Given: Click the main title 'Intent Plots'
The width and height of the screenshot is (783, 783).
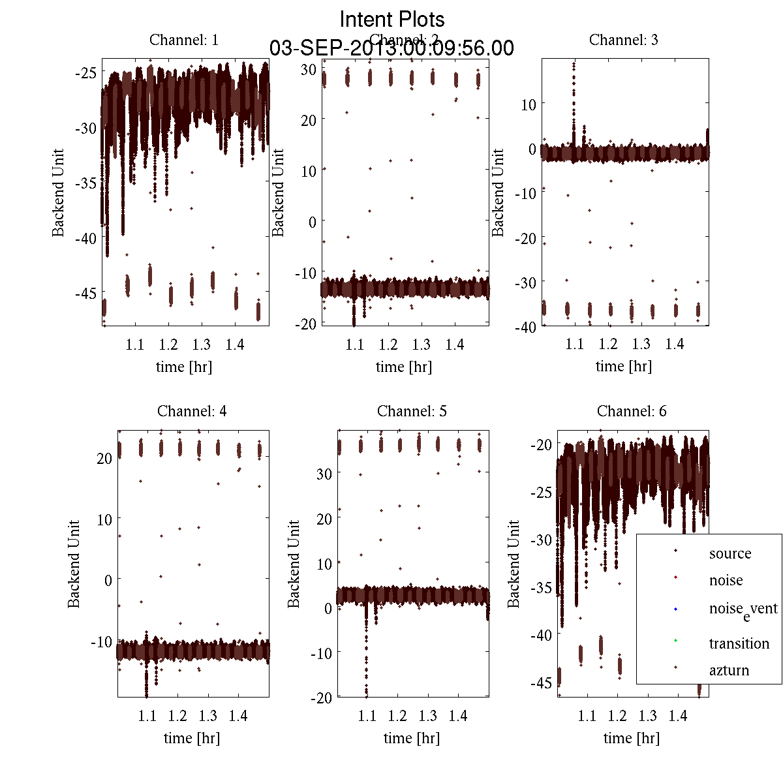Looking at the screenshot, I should click(x=392, y=19).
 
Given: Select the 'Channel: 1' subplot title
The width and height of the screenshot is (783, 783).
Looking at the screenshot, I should click(x=184, y=40).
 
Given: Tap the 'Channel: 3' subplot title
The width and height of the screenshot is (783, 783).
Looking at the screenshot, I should click(x=624, y=40).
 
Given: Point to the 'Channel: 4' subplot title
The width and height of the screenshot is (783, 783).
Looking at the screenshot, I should click(x=192, y=411).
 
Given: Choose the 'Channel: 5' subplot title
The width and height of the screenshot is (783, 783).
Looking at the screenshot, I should click(x=412, y=411).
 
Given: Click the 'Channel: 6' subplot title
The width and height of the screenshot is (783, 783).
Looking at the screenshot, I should click(x=632, y=411).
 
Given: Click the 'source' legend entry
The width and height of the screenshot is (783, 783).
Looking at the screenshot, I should click(x=730, y=554).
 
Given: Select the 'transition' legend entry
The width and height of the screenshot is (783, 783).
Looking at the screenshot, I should click(x=739, y=643).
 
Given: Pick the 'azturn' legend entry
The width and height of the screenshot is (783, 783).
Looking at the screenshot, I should click(x=729, y=670).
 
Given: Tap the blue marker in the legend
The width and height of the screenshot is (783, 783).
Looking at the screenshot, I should click(x=675, y=609).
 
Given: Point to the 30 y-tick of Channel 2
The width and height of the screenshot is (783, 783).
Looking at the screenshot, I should click(x=309, y=69).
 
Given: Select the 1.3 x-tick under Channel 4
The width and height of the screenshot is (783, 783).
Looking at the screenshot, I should click(x=208, y=716).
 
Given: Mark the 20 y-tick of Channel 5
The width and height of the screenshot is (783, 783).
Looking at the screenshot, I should click(x=324, y=519).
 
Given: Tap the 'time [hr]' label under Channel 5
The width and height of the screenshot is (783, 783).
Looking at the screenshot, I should click(x=412, y=738).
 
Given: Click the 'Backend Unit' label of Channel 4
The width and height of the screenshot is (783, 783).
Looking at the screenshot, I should click(x=74, y=564).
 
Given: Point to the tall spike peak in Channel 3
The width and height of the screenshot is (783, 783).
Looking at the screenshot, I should click(x=574, y=64).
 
